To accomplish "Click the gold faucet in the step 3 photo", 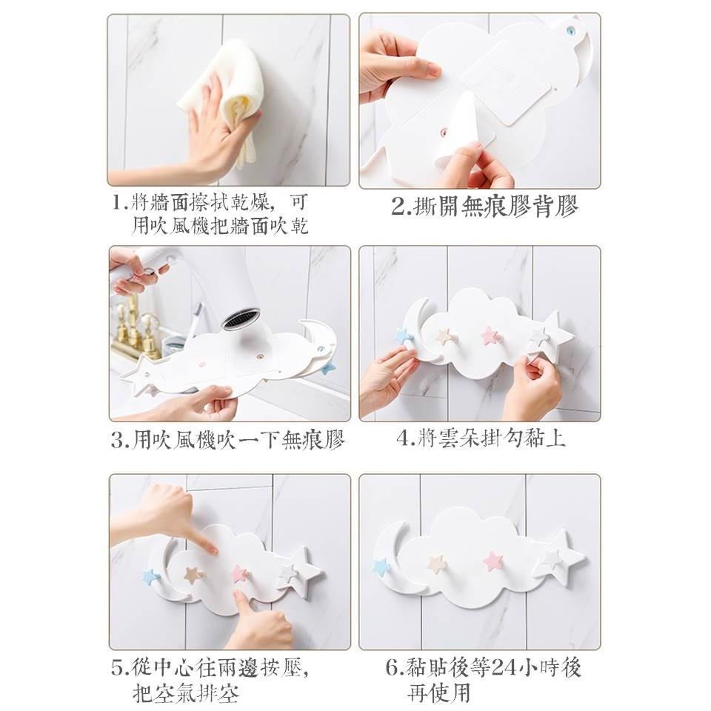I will (x=133, y=325).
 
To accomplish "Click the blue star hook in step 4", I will (x=404, y=336).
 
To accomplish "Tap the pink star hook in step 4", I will (x=490, y=336).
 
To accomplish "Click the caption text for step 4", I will (x=481, y=438).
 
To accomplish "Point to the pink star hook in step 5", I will (x=239, y=573).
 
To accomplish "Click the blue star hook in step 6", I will (x=381, y=567).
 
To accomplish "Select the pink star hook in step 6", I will (x=493, y=560).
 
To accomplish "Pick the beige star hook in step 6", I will (x=436, y=564).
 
